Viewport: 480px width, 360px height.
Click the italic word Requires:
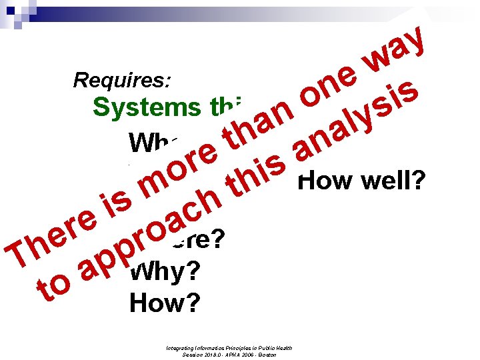(x=123, y=81)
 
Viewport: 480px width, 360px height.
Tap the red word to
(x=54, y=288)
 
